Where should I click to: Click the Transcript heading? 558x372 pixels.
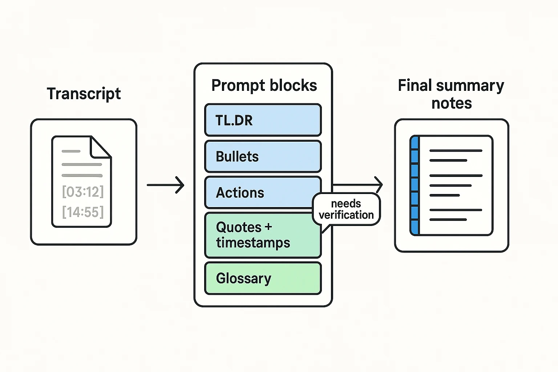pos(84,94)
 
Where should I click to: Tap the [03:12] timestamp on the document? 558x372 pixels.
pos(83,192)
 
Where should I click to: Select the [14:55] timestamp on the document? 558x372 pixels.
pos(83,212)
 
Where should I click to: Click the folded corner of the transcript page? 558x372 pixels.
pos(100,147)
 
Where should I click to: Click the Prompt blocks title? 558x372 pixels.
pos(264,86)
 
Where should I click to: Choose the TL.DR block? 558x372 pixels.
pos(263,120)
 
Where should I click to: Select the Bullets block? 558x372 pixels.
pos(263,157)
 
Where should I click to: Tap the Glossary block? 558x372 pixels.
pos(263,278)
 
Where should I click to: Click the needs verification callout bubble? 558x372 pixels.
pos(346,210)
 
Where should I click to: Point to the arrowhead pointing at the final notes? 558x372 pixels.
pos(379,185)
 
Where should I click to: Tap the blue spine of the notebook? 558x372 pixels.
pos(415,185)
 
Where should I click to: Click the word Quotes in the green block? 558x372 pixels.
pos(239,227)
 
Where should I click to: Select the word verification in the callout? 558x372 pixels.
pos(346,215)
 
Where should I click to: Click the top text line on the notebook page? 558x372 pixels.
pos(456,150)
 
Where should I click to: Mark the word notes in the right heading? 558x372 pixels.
pos(452,104)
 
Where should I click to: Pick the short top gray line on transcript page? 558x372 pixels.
pos(71,151)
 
